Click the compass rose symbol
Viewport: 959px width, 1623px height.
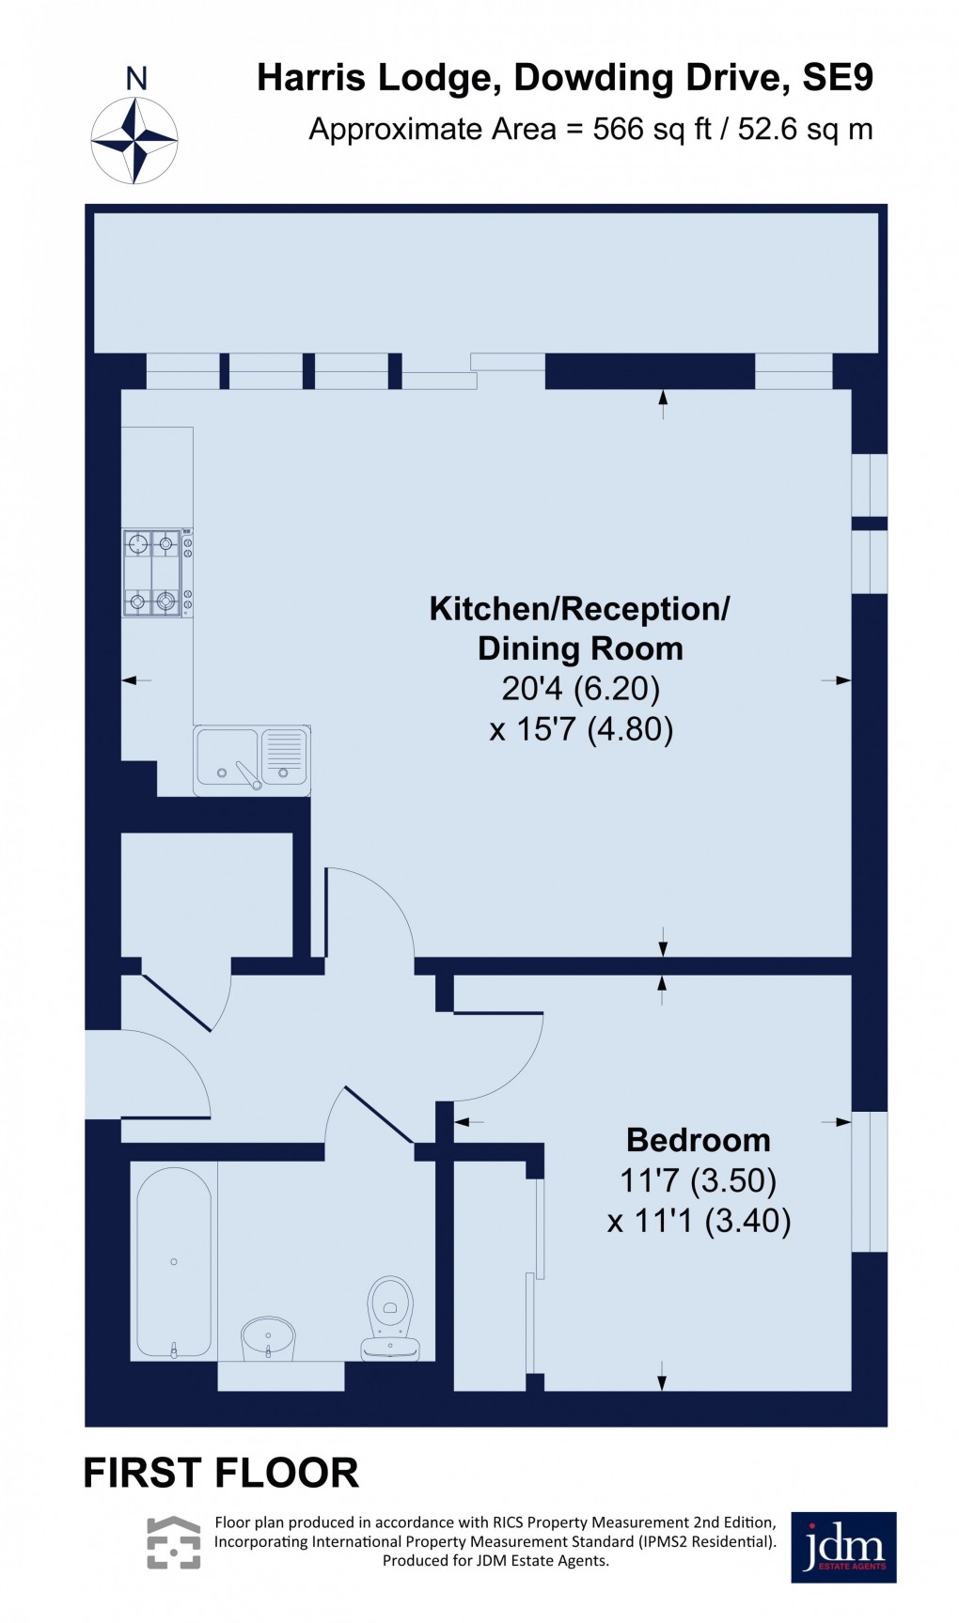134,140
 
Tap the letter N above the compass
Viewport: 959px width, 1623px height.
136,79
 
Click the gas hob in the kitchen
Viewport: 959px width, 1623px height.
153,572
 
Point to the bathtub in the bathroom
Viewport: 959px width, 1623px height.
174,1262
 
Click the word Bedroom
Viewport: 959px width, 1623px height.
698,1140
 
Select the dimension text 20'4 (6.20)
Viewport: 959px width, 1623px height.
580,689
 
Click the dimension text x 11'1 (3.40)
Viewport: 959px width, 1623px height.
699,1221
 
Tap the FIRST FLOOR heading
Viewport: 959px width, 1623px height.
221,1473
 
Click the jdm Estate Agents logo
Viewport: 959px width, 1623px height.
842,1547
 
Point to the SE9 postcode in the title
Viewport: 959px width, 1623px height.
837,78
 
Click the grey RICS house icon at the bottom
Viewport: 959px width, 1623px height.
174,1542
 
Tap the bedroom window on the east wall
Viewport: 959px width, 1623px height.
869,1181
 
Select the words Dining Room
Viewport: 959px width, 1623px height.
580,648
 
